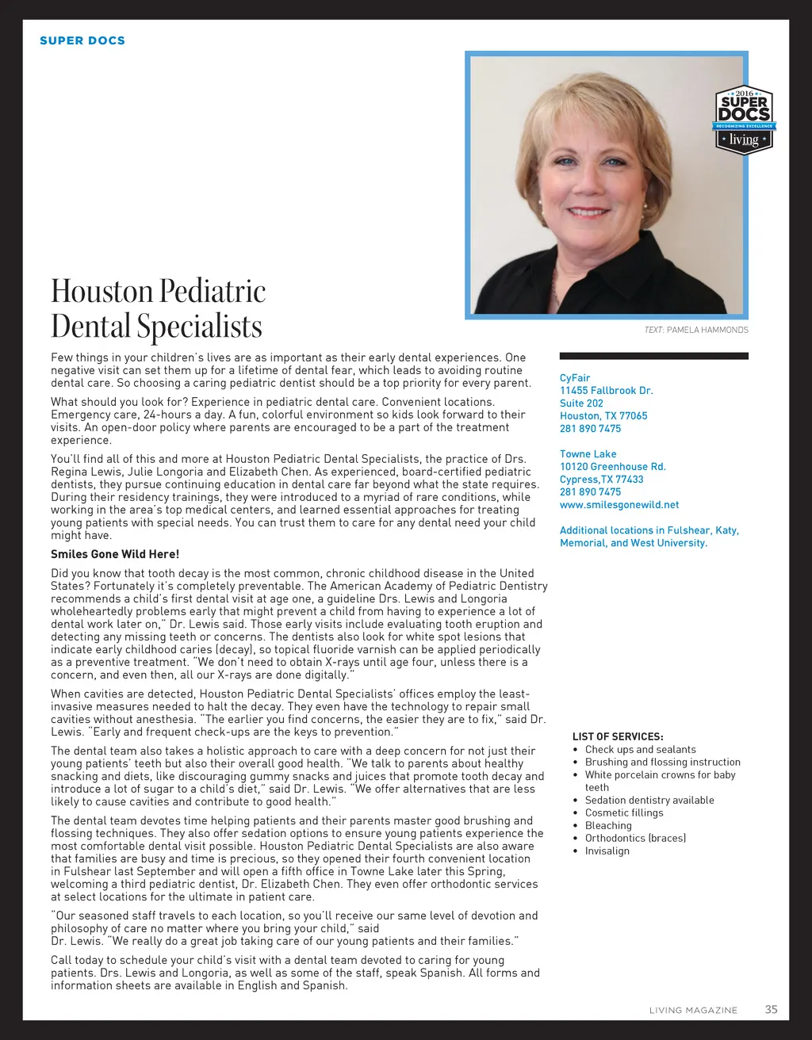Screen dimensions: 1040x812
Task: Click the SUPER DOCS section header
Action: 82,40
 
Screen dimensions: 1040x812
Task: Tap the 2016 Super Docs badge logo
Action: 744,120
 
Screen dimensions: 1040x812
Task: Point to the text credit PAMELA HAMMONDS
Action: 707,330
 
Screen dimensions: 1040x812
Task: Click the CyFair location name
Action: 575,378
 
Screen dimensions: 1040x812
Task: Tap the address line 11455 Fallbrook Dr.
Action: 606,391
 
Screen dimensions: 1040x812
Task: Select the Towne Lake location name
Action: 588,454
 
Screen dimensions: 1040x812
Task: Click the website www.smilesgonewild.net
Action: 619,505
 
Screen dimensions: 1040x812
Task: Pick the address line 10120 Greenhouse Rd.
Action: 612,467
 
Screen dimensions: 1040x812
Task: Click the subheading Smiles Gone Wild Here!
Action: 115,554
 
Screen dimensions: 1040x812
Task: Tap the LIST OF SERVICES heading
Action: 618,736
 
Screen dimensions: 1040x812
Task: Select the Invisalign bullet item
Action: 607,851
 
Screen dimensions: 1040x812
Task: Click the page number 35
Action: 771,1009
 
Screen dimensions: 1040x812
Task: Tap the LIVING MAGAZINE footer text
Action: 693,1010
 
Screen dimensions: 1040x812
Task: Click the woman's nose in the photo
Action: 590,187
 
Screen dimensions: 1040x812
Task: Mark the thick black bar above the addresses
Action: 653,357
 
